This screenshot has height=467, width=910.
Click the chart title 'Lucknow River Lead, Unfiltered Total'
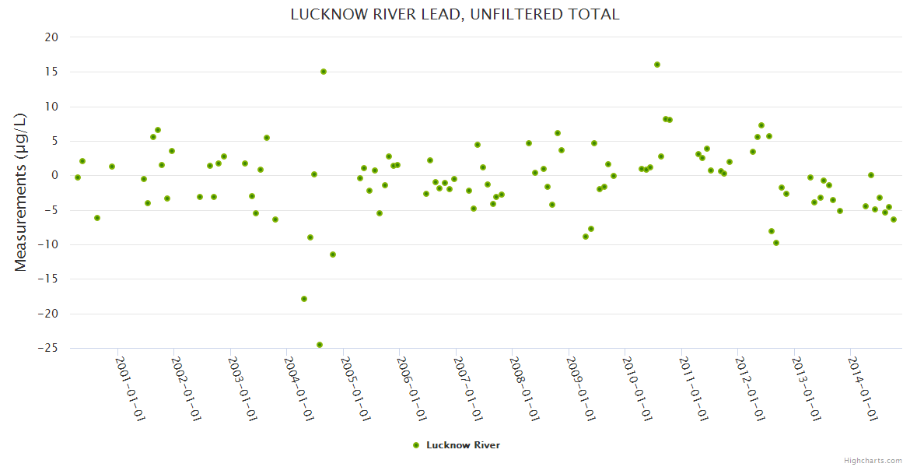(454, 14)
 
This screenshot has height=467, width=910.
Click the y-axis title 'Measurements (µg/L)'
(21, 191)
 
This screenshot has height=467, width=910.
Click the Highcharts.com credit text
(873, 460)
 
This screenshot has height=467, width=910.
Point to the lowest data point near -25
(320, 345)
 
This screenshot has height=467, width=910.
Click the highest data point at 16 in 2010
(657, 65)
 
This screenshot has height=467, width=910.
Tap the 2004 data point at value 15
(324, 72)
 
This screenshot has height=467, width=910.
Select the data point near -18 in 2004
(304, 299)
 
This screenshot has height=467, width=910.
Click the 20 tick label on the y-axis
(51, 37)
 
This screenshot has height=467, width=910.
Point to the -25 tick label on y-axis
(47, 348)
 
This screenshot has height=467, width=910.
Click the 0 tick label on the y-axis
(54, 175)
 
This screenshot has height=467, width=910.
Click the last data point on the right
(894, 219)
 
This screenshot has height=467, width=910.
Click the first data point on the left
(78, 177)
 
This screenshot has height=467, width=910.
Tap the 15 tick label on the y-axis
(51, 72)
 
